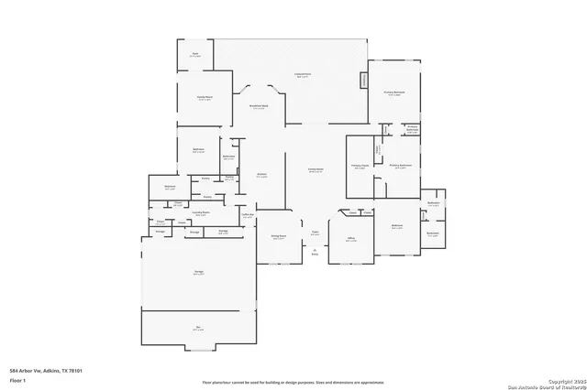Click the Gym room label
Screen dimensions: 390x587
click(x=194, y=55)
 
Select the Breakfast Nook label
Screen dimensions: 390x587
click(x=260, y=107)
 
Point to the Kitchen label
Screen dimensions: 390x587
click(x=261, y=175)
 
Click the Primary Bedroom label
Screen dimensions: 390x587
click(x=394, y=92)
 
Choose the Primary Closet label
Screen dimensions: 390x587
click(x=359, y=167)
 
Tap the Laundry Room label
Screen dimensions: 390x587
click(x=201, y=212)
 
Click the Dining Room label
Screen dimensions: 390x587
click(x=279, y=236)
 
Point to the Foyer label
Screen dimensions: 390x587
click(x=315, y=233)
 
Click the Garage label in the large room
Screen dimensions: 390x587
click(x=198, y=273)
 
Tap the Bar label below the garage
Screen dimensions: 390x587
click(x=198, y=327)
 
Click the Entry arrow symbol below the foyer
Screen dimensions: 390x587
click(x=315, y=251)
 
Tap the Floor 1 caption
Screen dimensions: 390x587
click(x=17, y=379)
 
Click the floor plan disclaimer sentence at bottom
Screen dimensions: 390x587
click(x=293, y=382)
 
